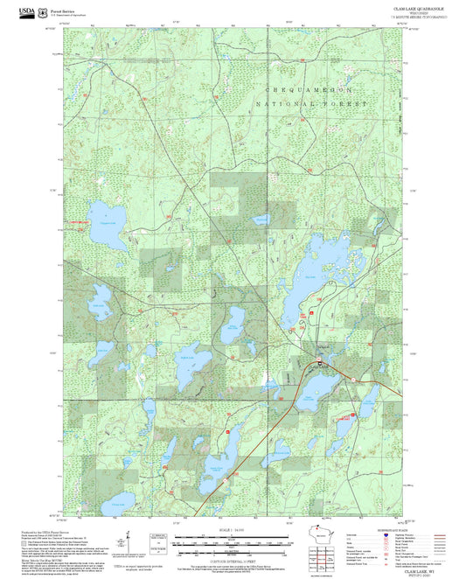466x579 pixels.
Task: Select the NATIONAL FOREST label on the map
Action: tap(311, 103)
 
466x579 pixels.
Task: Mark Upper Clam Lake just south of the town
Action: tap(323, 385)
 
